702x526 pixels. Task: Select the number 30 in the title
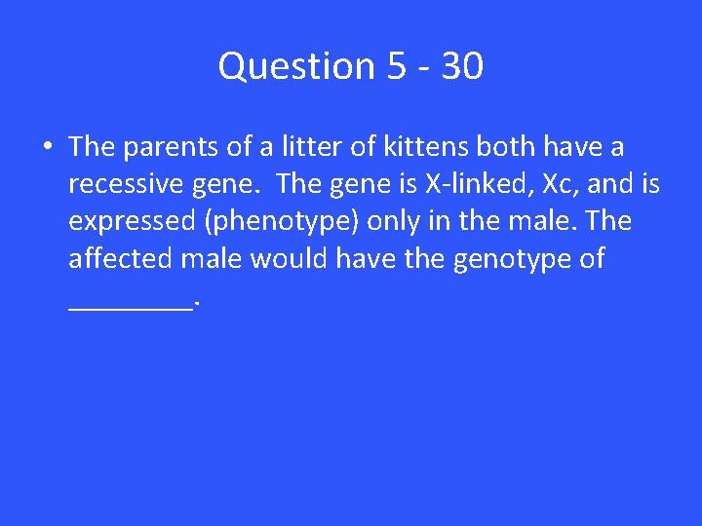point(461,66)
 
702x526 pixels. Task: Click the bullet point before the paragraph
point(47,147)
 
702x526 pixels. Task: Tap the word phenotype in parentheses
point(283,222)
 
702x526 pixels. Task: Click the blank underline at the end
point(131,306)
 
